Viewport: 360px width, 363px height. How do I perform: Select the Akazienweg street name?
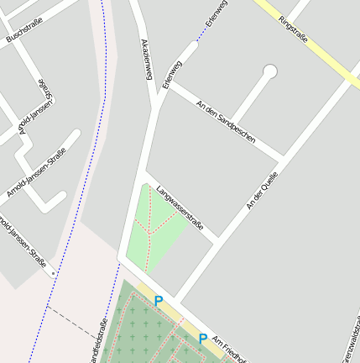point(145,60)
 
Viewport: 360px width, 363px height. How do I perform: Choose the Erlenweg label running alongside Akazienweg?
point(171,73)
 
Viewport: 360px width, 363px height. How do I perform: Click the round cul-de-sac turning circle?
point(270,71)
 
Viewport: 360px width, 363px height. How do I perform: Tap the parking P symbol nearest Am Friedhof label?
point(203,338)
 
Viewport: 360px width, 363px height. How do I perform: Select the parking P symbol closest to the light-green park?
point(158,300)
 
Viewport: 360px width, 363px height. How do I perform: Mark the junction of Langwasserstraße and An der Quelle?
point(217,241)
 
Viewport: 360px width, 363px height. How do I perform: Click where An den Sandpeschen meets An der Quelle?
point(282,157)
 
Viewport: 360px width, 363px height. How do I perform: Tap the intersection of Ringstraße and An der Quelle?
point(352,74)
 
